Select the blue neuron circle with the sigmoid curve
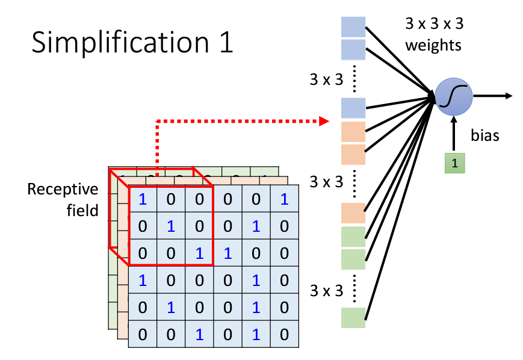[x=453, y=97]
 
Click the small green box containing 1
[x=455, y=163]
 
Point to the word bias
[x=485, y=135]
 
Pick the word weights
[x=433, y=45]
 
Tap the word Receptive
[x=63, y=190]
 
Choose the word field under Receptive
[x=82, y=211]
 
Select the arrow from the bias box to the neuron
[x=455, y=134]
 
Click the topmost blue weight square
[x=353, y=26]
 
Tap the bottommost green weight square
[x=353, y=317]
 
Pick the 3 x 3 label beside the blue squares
[x=326, y=79]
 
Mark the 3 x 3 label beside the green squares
[x=326, y=291]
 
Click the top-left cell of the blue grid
[x=143, y=199]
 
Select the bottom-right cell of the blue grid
[x=284, y=334]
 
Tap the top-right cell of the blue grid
[x=284, y=199]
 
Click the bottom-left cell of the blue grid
[x=143, y=334]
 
